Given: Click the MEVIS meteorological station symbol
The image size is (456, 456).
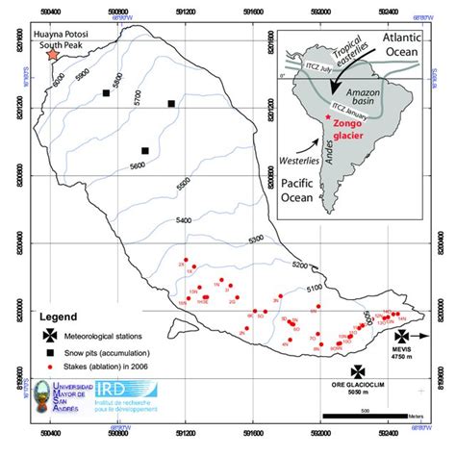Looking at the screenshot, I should pos(400,335).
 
